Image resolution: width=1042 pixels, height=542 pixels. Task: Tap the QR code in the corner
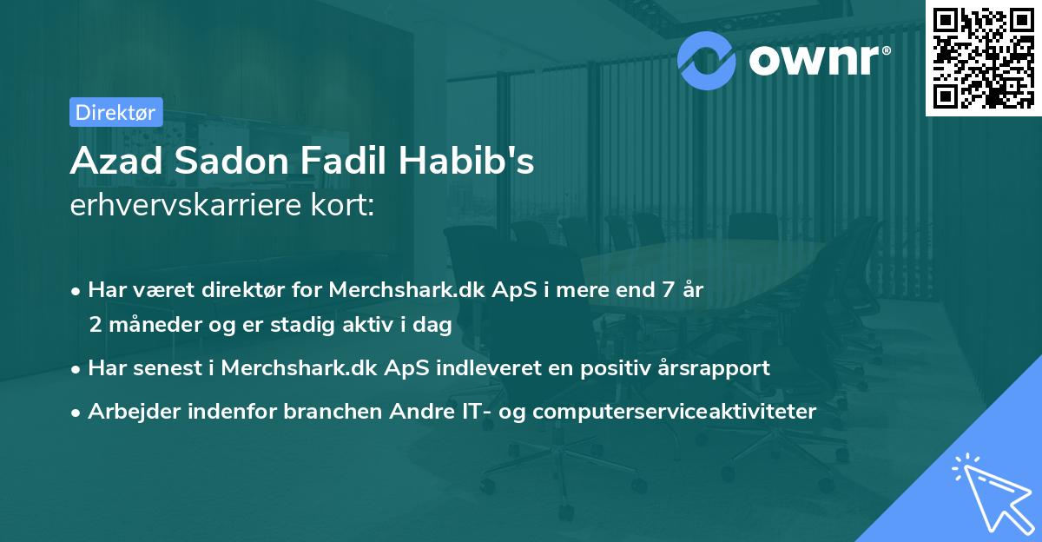[982, 57]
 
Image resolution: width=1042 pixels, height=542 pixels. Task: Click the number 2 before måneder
[95, 325]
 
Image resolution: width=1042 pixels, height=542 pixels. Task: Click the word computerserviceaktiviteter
[675, 411]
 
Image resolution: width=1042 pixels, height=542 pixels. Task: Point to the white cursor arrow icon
[991, 496]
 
